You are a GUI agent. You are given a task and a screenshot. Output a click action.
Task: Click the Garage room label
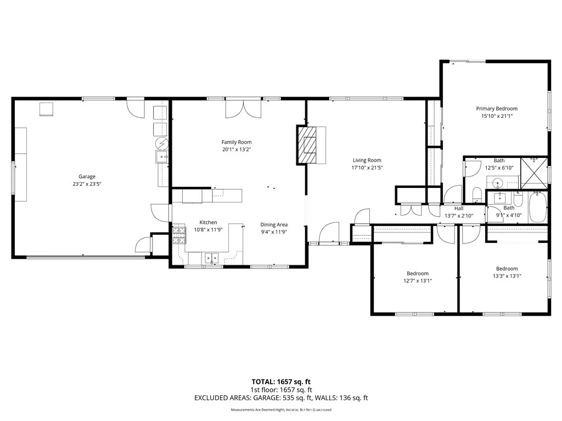[x=87, y=177]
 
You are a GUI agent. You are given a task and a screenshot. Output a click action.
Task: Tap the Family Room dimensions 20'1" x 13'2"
[x=237, y=149]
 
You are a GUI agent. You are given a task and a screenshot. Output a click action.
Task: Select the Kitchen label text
[x=208, y=223]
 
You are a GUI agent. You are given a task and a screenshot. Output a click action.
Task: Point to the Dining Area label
[x=274, y=224]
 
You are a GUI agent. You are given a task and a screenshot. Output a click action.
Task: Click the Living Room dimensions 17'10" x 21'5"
[x=367, y=168]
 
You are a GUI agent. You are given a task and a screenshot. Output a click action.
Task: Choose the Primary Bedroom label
[x=496, y=109]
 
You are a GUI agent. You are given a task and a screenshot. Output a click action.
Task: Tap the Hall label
[x=458, y=208]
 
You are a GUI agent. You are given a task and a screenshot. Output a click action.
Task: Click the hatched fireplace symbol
[x=307, y=145]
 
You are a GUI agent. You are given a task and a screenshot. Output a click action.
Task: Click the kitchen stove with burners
[x=179, y=237]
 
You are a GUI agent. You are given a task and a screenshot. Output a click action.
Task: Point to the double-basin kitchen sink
[x=211, y=257]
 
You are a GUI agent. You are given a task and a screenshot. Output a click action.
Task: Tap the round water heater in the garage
[x=162, y=144]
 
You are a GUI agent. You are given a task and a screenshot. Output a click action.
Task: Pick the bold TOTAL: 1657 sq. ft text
[x=280, y=381]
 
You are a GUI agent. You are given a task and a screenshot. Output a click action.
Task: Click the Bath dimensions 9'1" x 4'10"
[x=509, y=215]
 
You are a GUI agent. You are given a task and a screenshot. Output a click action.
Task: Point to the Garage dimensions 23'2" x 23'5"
[x=87, y=184]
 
